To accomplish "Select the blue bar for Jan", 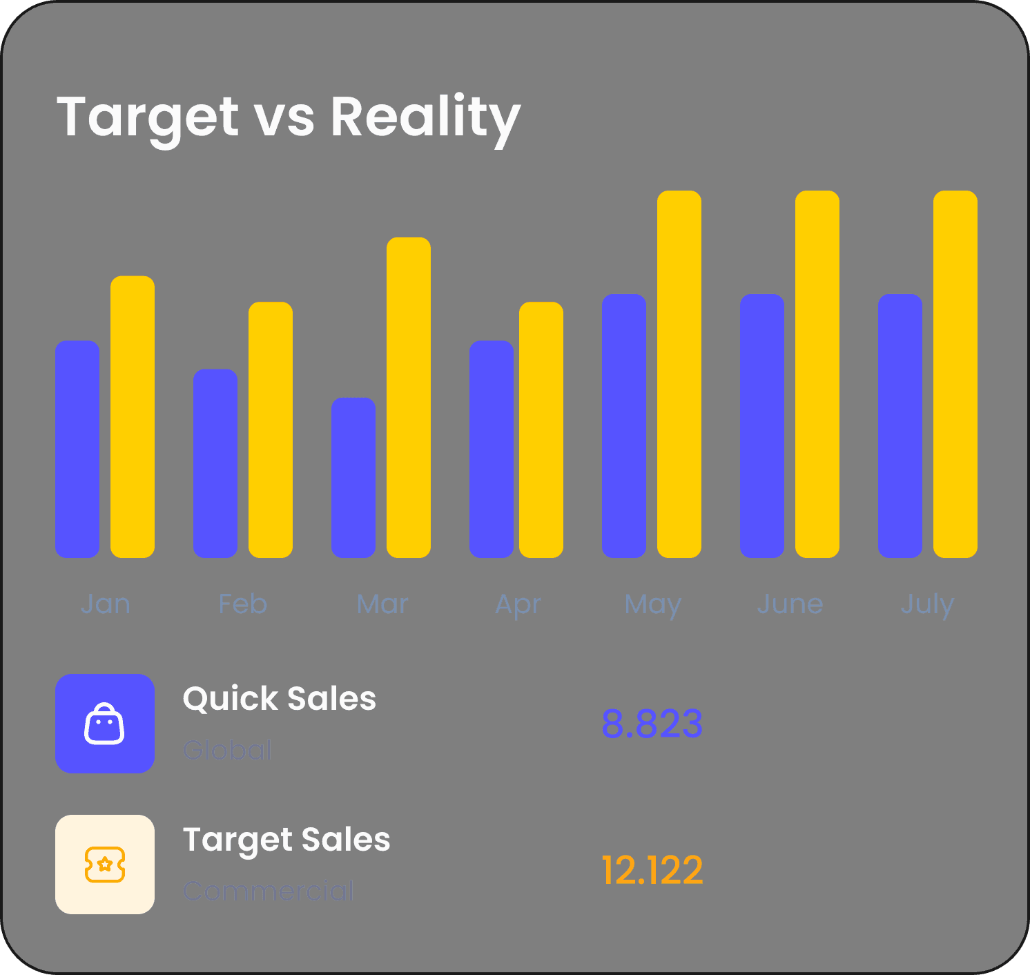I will (77, 449).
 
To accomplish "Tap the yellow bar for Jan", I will (133, 416).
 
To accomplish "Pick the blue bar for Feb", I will (215, 463).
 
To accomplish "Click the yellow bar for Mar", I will (409, 397).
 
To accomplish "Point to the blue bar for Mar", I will (353, 477).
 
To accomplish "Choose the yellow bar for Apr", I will (541, 429).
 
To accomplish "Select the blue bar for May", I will (624, 425).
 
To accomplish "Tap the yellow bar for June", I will (817, 374).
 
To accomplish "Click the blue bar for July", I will (900, 425).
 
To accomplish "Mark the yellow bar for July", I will (955, 374).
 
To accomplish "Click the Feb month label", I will (242, 604).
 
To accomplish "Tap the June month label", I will (790, 604).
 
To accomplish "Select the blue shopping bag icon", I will (105, 724).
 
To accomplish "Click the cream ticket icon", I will (105, 865).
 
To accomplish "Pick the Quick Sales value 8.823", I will (652, 724).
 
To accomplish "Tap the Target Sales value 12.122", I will (652, 870).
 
